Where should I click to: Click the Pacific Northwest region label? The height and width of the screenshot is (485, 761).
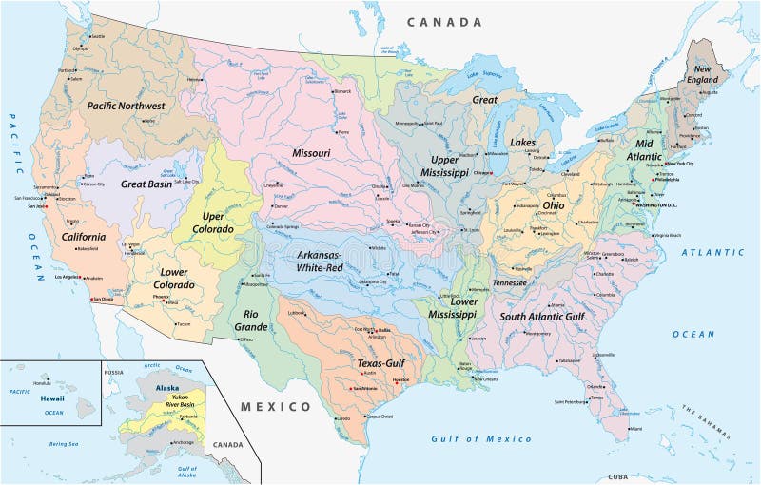[126, 106]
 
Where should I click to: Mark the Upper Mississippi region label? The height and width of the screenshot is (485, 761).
[445, 166]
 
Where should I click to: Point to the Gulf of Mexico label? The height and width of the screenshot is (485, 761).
[480, 438]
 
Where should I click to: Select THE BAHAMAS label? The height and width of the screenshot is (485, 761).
[702, 419]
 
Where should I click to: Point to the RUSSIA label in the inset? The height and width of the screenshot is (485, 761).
[115, 371]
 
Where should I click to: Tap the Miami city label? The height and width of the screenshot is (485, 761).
[635, 429]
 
